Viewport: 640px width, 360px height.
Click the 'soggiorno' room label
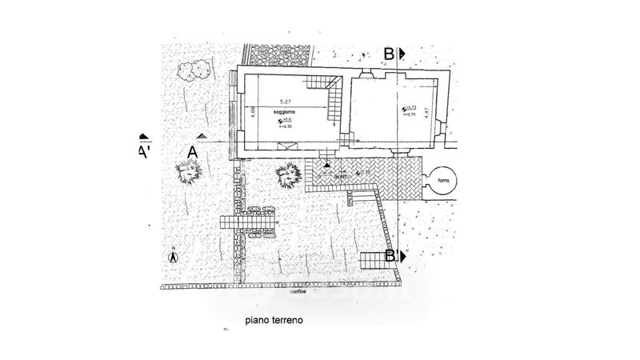tap(286, 113)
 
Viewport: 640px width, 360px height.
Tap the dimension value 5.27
tap(286, 101)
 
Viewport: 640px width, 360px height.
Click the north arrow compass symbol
tap(172, 257)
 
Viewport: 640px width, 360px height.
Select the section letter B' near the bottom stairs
tap(391, 256)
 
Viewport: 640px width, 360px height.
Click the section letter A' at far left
tap(145, 150)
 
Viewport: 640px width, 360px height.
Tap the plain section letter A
tap(192, 150)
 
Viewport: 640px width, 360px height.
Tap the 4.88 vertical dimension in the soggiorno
tap(253, 113)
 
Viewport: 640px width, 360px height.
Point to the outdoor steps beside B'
tap(374, 259)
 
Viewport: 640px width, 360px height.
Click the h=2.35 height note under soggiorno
tap(286, 126)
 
